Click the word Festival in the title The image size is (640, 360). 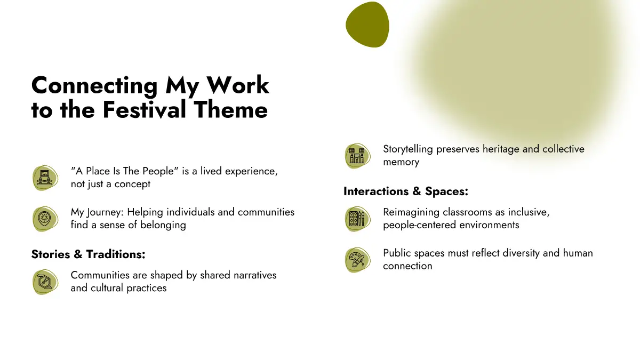[145, 110]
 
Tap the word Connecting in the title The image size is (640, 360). [94, 86]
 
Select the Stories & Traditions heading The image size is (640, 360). [89, 254]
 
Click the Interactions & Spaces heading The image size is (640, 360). [406, 191]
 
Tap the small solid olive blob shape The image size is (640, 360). [367, 25]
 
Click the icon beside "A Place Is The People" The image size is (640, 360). [45, 178]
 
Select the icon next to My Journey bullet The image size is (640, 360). [45, 219]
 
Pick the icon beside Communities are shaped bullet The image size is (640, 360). [45, 282]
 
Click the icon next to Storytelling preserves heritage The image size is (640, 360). [357, 156]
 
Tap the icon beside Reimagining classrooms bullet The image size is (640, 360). [357, 219]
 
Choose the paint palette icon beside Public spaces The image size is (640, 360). [357, 260]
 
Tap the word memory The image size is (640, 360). [401, 162]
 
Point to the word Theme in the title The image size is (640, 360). [231, 110]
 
